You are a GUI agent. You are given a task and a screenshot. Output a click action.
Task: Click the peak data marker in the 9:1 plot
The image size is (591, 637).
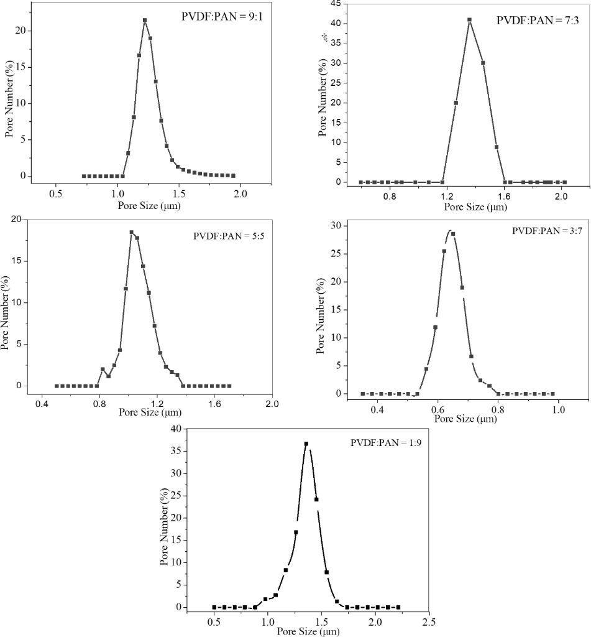click(145, 20)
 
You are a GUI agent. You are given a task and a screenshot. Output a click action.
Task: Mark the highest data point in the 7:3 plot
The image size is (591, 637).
click(469, 19)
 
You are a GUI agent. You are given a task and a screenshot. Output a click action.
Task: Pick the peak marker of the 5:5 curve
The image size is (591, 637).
click(132, 232)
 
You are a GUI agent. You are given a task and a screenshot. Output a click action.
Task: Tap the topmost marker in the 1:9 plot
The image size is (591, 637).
click(306, 444)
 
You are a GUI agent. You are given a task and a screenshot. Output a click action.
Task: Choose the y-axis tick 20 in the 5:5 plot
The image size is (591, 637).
click(15, 219)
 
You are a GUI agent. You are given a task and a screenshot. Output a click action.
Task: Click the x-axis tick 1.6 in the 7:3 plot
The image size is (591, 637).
click(504, 195)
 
